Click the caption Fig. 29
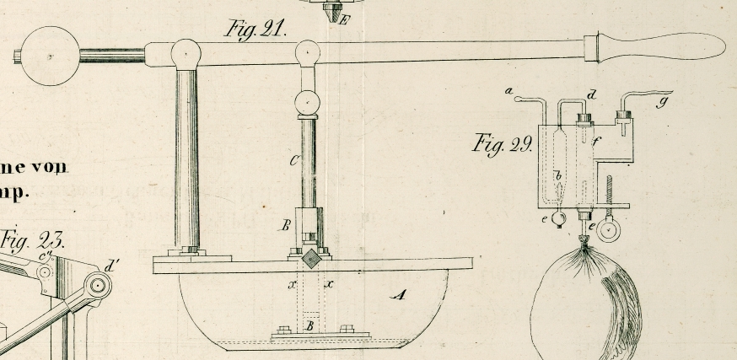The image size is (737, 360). coord(501,143)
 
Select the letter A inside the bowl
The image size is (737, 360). coord(399,294)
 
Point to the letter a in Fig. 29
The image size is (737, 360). coord(508,89)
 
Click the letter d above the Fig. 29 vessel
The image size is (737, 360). coord(593,94)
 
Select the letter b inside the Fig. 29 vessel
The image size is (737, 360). coord(557,176)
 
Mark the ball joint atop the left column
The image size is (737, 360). coord(186,53)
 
